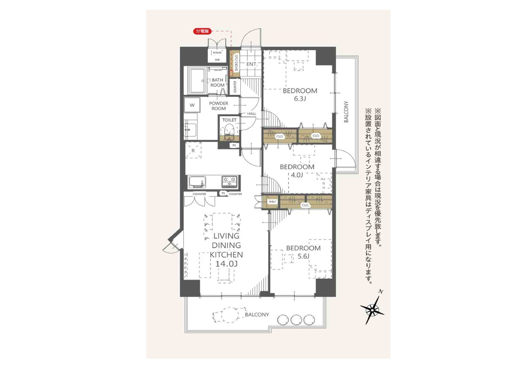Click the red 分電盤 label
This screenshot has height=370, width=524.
202,31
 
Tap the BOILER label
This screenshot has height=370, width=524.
217,53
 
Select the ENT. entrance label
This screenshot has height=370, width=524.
252,64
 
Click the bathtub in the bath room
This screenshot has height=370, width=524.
197,81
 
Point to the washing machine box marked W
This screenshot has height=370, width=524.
192,105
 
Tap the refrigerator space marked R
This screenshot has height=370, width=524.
193,150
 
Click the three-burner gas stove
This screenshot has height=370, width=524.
230,181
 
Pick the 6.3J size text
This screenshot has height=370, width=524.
300,99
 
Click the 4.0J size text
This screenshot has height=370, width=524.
297,175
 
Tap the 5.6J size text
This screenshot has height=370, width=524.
303,256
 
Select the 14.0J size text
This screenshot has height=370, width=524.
226,264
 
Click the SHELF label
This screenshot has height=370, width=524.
272,202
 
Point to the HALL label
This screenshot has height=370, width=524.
252,114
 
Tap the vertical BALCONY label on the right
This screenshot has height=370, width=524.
346,112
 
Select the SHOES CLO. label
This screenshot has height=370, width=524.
236,63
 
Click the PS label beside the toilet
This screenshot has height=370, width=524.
234,145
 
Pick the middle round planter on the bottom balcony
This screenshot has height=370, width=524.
296,320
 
